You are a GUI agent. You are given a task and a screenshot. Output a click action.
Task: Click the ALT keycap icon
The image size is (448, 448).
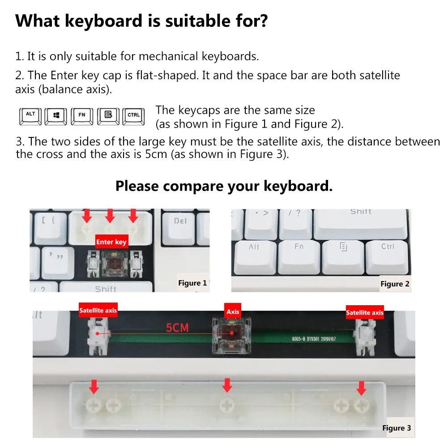point(30,115)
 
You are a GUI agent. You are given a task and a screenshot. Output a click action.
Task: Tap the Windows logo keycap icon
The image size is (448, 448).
point(56,115)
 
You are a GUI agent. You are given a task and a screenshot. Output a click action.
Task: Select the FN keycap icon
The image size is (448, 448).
point(82,115)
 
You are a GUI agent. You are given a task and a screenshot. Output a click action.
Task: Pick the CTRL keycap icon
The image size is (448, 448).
point(134,115)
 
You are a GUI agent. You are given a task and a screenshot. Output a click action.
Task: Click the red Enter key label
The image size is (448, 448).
point(111,242)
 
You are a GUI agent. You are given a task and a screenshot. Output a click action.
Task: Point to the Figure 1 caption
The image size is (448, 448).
point(192,283)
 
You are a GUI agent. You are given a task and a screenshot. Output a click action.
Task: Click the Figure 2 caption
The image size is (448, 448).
point(395,284)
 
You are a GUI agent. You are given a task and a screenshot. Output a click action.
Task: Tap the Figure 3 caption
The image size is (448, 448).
point(397,428)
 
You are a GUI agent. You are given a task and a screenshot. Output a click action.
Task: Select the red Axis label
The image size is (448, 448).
point(233,311)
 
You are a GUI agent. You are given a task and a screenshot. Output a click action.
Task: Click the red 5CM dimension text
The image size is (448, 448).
point(178,328)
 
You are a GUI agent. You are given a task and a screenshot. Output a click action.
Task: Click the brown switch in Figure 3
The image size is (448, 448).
point(231,333)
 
